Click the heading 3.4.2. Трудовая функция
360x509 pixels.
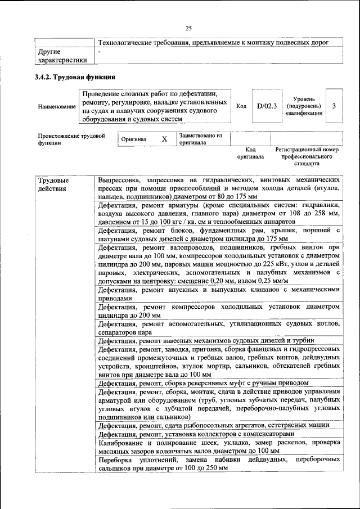pyautogui.click(x=75, y=76)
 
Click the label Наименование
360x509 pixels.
pyautogui.click(x=56, y=106)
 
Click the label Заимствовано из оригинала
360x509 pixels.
pyautogui.click(x=201, y=139)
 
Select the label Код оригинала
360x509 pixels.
pyautogui.click(x=250, y=154)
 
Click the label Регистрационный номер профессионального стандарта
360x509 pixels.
pyautogui.click(x=307, y=157)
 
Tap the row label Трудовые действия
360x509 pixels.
pyautogui.click(x=54, y=184)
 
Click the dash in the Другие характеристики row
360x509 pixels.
pyautogui.click(x=100, y=52)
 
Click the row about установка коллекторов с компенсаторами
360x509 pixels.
pyautogui.click(x=196, y=434)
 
